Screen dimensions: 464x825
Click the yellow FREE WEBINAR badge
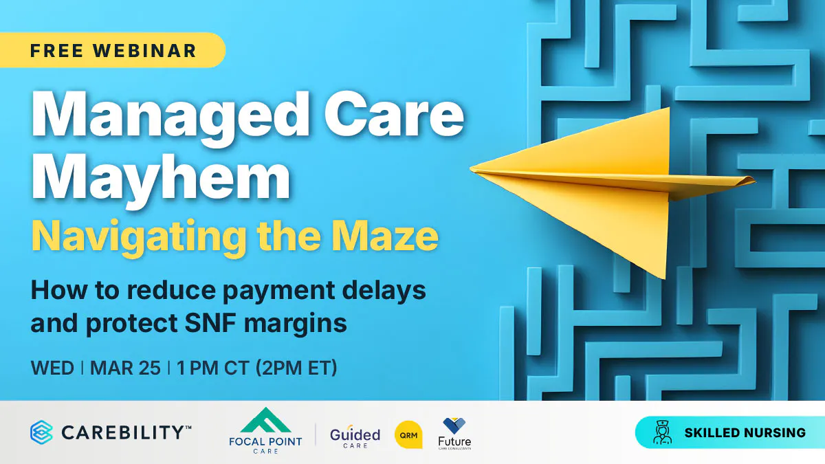point(113,50)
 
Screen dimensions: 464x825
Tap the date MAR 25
point(124,368)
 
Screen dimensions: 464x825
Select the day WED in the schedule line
point(52,368)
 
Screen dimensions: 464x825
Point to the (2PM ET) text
point(296,368)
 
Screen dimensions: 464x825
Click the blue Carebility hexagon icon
point(42,432)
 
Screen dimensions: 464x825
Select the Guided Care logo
point(355,437)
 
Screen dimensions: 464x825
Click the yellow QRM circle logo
point(408,435)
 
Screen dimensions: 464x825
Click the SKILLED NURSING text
point(745,433)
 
